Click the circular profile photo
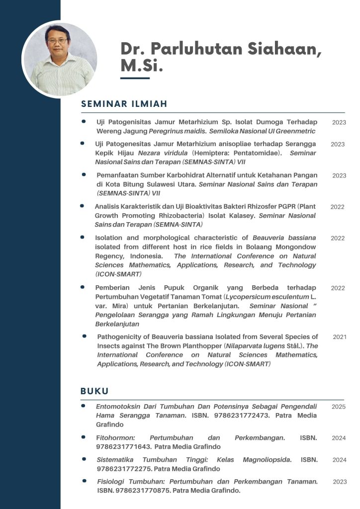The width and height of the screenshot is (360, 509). point(60,59)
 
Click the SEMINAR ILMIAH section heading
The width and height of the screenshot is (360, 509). point(124,104)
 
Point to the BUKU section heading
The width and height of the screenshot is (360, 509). point(94,391)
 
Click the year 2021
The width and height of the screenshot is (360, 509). point(340,337)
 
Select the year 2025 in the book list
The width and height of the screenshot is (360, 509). point(339,407)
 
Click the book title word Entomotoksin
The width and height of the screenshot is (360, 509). point(118,407)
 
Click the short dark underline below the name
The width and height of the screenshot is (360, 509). point(135,78)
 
